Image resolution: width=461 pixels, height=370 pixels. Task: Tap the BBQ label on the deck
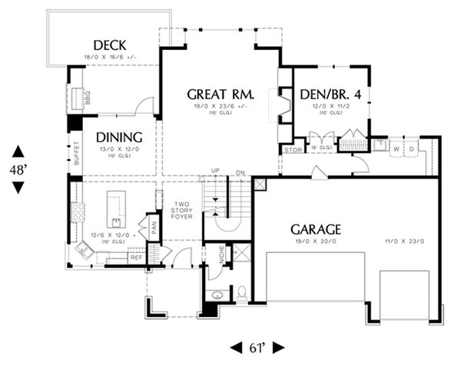(88, 98)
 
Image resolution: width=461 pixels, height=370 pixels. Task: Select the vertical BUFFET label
(77, 158)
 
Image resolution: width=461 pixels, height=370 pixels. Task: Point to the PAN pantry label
(154, 227)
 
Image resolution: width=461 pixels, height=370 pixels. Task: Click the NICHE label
(221, 255)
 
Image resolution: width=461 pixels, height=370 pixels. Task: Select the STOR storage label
(292, 149)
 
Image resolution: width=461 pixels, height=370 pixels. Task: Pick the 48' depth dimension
(18, 169)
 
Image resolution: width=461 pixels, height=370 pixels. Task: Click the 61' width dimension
(257, 347)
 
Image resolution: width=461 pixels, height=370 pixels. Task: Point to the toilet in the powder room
(241, 292)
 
